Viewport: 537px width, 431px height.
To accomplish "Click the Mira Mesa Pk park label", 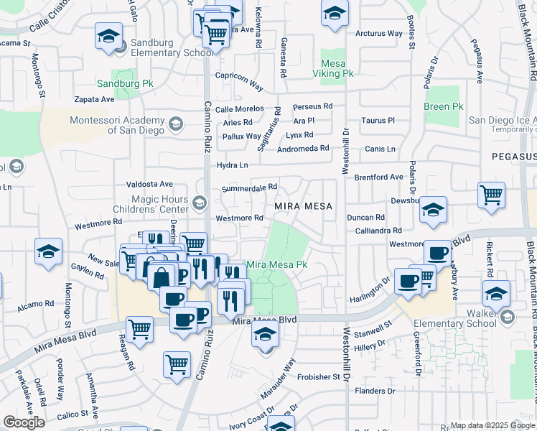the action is [x=277, y=264].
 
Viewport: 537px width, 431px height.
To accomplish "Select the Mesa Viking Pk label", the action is [x=333, y=68].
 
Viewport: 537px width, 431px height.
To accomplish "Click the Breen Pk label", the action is [x=443, y=107].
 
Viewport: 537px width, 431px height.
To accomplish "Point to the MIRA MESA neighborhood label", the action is [x=304, y=206].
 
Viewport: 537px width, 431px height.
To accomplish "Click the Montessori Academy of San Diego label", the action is [x=116, y=125].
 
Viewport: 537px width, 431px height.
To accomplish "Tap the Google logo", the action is [x=24, y=422].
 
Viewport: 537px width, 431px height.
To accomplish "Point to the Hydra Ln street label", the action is [x=232, y=164].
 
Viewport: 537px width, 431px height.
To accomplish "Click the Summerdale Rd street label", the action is [x=249, y=188].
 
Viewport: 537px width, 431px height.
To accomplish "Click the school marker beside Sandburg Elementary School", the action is [x=108, y=36].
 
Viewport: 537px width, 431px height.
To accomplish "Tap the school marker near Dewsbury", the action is [x=433, y=209].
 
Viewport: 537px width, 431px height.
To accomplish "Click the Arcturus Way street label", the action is [x=379, y=33].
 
